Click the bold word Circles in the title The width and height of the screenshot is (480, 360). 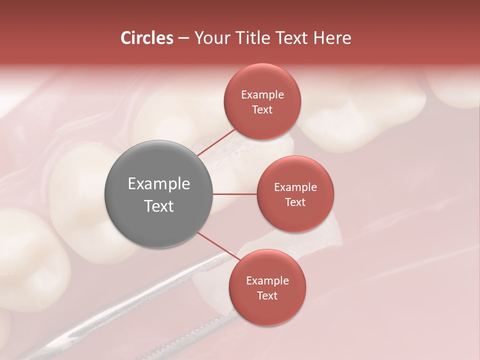[147, 38]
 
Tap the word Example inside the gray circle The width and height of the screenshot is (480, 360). [159, 184]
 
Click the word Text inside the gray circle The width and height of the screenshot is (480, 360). [159, 206]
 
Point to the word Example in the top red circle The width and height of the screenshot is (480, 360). [262, 95]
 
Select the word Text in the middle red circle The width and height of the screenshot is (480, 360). [295, 202]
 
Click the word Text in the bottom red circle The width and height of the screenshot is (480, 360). [267, 295]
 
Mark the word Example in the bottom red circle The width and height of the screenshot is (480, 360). [267, 280]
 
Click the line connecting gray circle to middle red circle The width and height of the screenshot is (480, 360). [234, 194]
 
